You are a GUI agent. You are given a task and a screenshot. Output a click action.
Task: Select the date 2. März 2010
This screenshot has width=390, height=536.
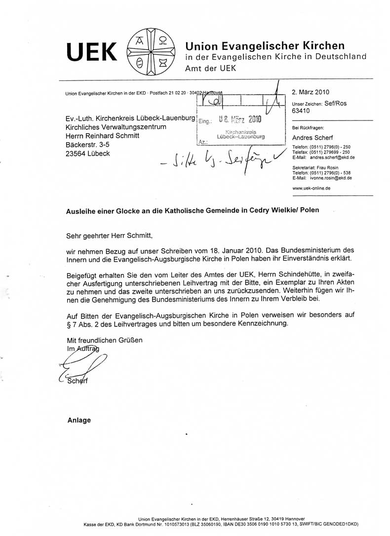pos(311,92)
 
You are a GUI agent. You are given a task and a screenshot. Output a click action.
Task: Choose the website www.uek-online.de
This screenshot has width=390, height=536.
pos(312,189)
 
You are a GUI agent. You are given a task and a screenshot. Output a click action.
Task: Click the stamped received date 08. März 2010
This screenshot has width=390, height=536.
pos(239,119)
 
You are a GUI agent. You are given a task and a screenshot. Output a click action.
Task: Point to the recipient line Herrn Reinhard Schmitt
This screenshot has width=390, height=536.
pos(107,136)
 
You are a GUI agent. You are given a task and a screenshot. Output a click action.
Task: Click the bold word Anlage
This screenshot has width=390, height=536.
pos(79,420)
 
